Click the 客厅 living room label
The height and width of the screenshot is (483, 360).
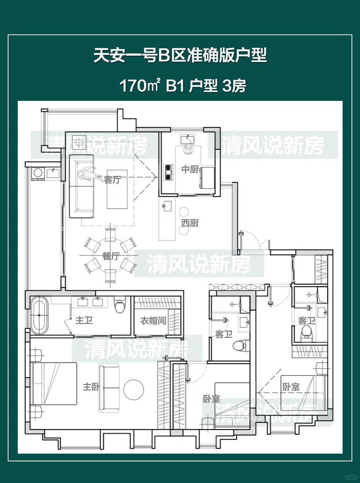[x=112, y=180]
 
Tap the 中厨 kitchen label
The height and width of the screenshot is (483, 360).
[x=190, y=169]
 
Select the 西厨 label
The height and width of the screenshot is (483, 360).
[x=190, y=223]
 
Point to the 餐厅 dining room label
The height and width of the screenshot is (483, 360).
[x=111, y=256]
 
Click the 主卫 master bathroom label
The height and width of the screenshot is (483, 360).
[x=84, y=320]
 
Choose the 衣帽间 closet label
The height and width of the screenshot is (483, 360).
[x=153, y=321]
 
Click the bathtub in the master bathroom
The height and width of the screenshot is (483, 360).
[x=39, y=315]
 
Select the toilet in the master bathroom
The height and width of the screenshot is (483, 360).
[x=120, y=304]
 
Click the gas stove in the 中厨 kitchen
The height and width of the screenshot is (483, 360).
[x=168, y=172]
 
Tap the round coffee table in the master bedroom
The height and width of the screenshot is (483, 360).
[x=134, y=389]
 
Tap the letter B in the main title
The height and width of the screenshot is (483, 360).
[x=163, y=55]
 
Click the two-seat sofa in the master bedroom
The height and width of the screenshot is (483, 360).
[x=109, y=388]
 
